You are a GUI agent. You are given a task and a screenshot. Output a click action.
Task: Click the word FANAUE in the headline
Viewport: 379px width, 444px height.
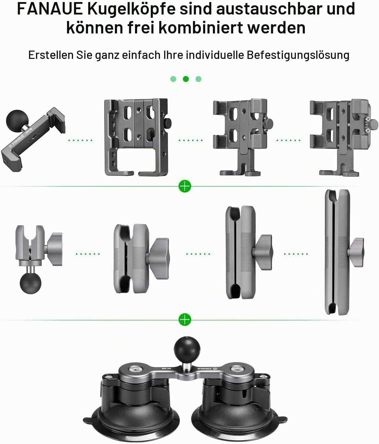[50, 9]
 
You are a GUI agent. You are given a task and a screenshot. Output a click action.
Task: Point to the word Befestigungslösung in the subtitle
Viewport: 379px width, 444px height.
[298, 56]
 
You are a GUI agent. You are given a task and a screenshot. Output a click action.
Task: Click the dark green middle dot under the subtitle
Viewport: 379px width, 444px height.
[186, 79]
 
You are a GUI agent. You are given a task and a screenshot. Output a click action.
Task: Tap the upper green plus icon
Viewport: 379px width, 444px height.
[185, 186]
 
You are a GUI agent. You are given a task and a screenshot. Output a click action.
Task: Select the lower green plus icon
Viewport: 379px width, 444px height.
[185, 320]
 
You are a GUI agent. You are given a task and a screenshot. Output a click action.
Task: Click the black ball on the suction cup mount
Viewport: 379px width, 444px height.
[187, 349]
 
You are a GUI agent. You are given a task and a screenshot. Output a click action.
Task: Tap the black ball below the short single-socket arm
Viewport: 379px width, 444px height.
[30, 283]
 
